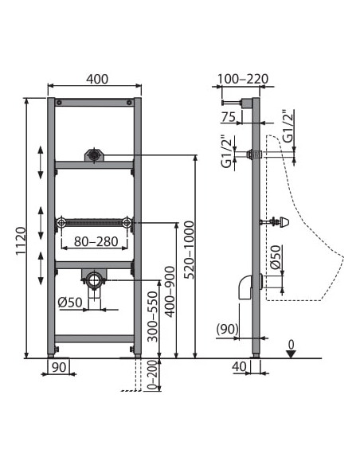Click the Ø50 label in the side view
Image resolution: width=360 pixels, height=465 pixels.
click(x=275, y=258)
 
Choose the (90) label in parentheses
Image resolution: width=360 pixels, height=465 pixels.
click(x=227, y=328)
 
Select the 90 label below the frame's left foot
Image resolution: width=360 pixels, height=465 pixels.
click(x=57, y=367)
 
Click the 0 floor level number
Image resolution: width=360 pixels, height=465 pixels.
click(x=292, y=343)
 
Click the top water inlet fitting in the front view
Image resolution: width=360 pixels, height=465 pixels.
click(x=95, y=154)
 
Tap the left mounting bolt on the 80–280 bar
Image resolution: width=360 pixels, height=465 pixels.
click(x=61, y=223)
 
